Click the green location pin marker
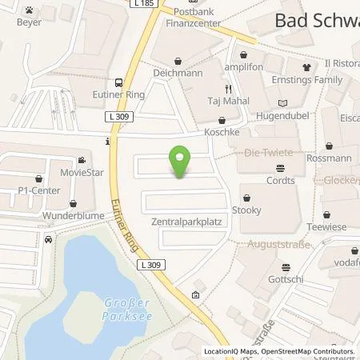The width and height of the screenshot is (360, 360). pos(182,159)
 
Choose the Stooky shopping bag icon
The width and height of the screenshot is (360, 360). pos(249,196)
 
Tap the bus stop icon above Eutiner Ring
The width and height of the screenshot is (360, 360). pos(118,82)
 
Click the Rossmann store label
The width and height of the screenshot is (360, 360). pos(329,158)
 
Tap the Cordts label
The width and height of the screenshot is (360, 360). pos(280,180)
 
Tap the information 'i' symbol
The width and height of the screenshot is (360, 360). pos(107,142)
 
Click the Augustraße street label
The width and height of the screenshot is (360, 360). pos(274,242)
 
